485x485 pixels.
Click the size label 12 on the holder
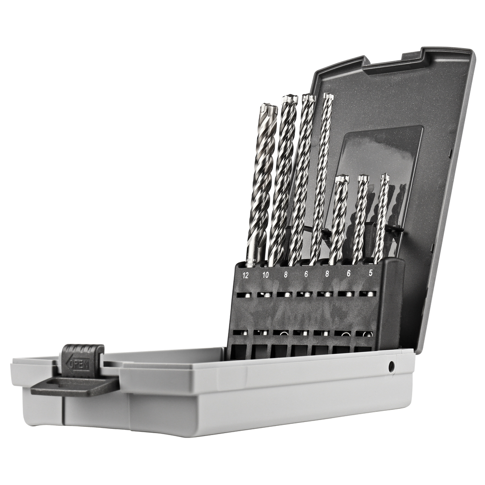(x=245, y=275)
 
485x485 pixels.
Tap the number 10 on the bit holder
(x=265, y=275)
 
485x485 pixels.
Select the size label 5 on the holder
(x=371, y=273)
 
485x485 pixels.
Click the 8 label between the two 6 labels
(x=326, y=274)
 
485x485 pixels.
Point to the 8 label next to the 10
(x=286, y=275)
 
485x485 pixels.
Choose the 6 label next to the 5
(x=349, y=273)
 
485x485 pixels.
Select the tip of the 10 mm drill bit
(x=290, y=99)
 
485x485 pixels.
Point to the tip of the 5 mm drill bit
(x=385, y=177)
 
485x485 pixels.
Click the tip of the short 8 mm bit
(x=342, y=179)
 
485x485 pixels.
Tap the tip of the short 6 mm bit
(x=363, y=178)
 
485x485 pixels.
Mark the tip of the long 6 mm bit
(x=328, y=96)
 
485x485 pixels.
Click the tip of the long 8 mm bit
(x=308, y=97)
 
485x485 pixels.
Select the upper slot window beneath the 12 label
(x=244, y=294)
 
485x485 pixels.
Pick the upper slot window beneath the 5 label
(x=368, y=293)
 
